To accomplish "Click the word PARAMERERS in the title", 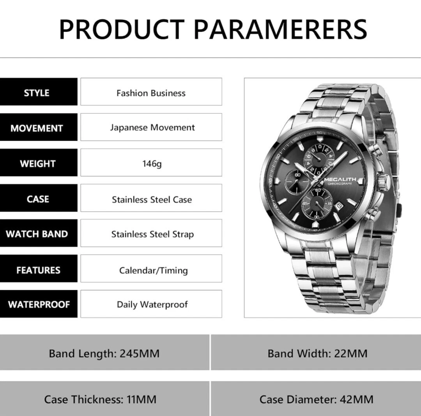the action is point(280,29).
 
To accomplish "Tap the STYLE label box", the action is point(39,92).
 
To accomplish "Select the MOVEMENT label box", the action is point(39,127).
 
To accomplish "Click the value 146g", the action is point(152,163).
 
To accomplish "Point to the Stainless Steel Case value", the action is point(152,199).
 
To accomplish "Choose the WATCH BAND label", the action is point(37,234).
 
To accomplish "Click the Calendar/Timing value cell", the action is point(151,268).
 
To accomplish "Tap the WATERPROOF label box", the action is point(39,304).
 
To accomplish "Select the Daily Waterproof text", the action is point(152,305).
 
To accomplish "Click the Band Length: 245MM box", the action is point(104,353).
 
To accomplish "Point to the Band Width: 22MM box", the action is point(316,353).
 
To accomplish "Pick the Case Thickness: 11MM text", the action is point(100,399).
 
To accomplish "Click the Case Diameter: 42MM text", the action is point(316,399).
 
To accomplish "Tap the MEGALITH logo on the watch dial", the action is point(340,179).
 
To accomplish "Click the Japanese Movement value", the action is point(152,127).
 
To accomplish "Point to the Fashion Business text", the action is point(151,93).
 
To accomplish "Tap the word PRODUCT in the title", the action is point(122,29).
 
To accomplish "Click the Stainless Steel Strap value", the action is point(152,234).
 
